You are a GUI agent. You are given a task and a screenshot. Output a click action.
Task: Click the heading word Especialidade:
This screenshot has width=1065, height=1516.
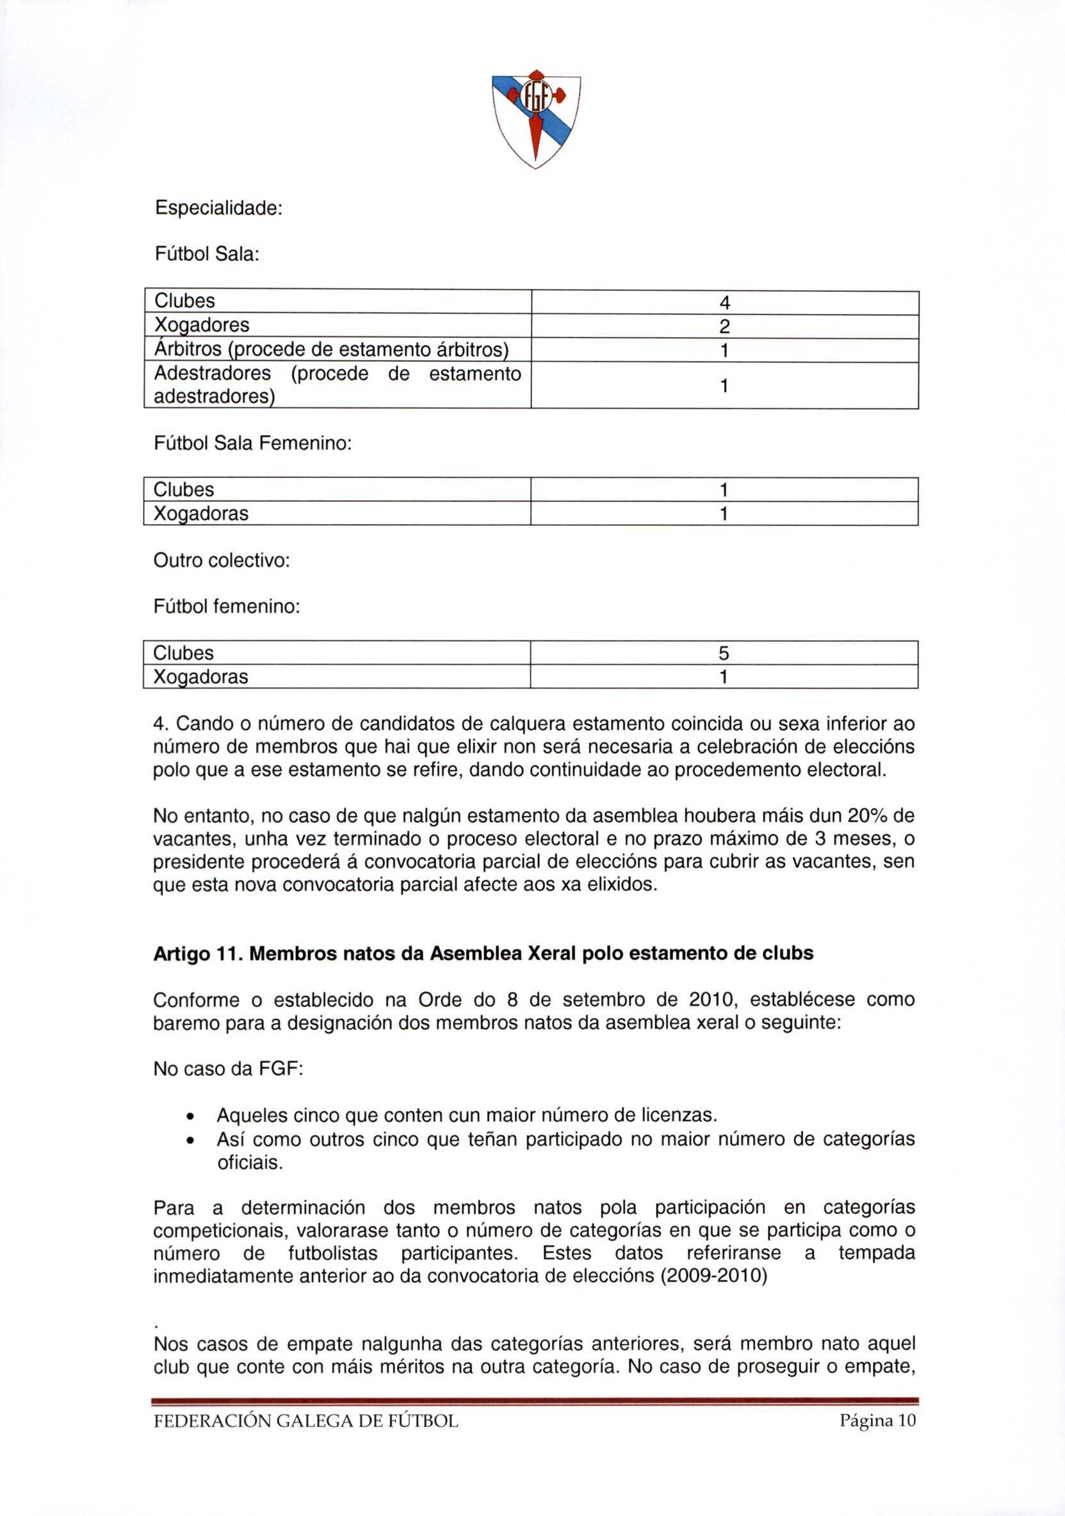218,208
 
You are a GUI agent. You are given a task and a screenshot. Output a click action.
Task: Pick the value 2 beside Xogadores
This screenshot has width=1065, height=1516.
724,326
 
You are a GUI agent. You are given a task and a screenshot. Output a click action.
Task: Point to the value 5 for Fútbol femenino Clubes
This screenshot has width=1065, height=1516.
724,653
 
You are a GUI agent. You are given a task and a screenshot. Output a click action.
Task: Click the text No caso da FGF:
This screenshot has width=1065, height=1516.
228,1068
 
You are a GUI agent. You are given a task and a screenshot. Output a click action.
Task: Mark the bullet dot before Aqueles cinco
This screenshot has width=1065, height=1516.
190,1116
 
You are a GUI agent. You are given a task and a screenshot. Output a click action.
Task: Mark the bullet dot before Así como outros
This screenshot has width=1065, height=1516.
190,1140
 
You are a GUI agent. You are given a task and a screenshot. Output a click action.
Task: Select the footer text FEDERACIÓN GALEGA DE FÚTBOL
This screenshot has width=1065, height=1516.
305,1421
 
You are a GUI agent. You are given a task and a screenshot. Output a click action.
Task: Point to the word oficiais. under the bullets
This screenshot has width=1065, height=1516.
250,1162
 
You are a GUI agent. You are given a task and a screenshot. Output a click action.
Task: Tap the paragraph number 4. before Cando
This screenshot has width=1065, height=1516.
161,724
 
